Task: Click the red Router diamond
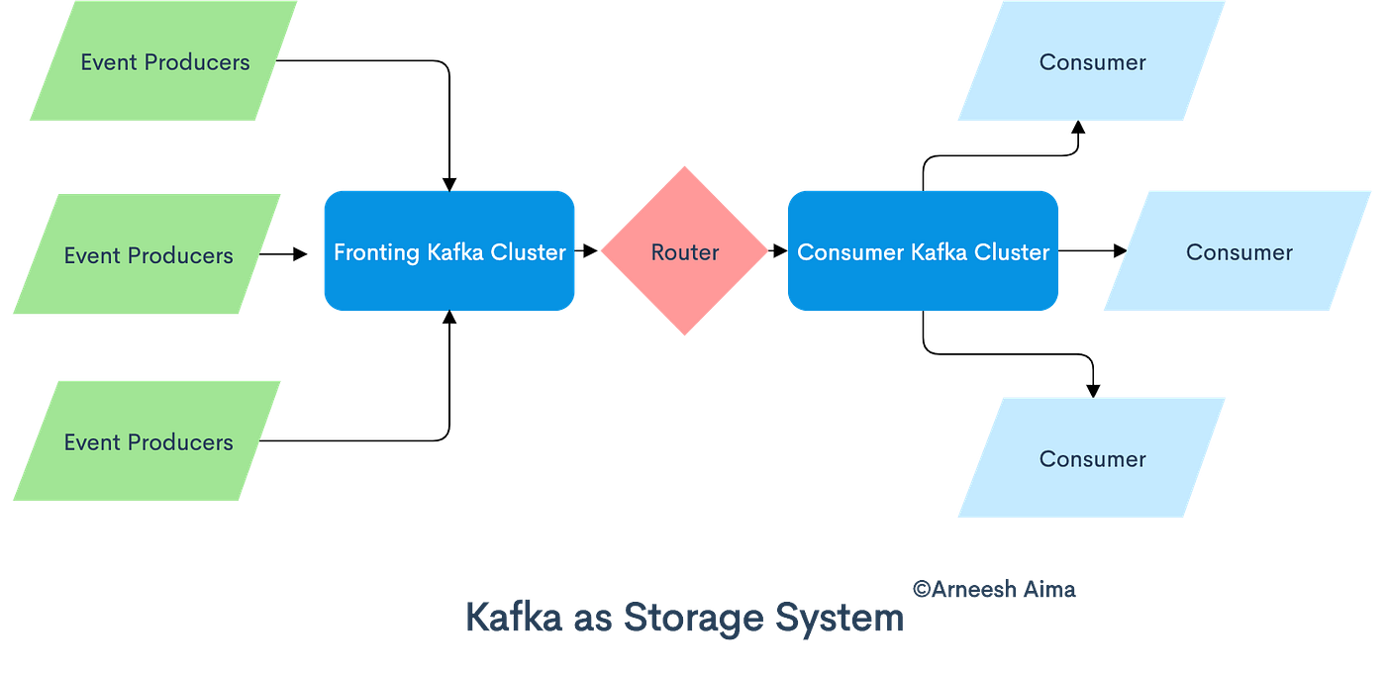click(x=684, y=251)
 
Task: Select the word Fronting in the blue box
click(x=376, y=252)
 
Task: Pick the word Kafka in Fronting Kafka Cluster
click(x=450, y=252)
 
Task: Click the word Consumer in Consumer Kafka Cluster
click(x=850, y=252)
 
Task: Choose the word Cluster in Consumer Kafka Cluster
click(x=1012, y=252)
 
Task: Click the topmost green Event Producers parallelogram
click(x=163, y=61)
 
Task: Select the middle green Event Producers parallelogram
click(x=148, y=255)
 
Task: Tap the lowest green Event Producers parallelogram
click(x=148, y=441)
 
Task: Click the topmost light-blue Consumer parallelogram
click(x=1092, y=61)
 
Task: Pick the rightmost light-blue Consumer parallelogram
click(x=1237, y=252)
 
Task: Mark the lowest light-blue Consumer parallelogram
click(x=1092, y=458)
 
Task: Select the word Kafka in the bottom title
click(x=514, y=619)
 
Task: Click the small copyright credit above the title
click(x=993, y=589)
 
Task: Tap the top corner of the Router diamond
click(x=684, y=167)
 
